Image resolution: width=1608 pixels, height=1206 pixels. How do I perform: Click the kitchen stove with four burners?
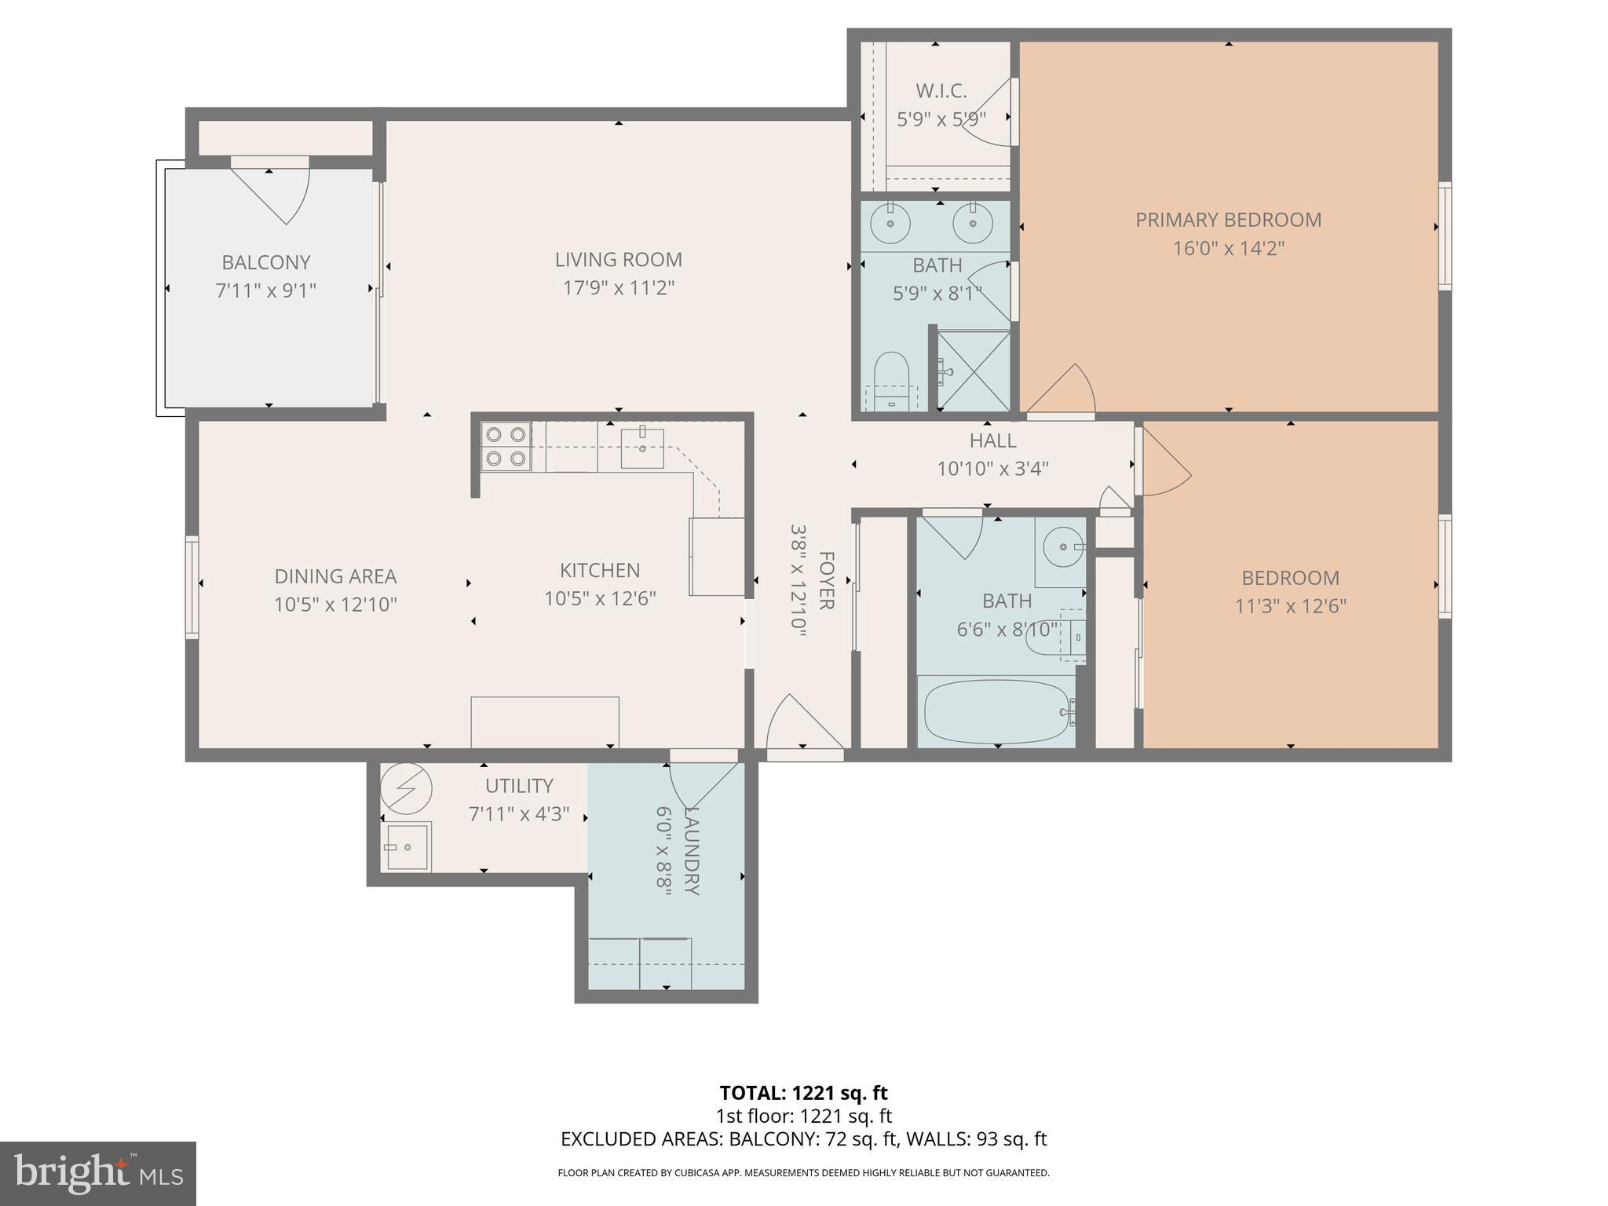tap(506, 446)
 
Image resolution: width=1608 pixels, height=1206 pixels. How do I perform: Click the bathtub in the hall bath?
tap(996, 711)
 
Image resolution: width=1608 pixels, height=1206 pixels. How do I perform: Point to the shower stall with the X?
tap(974, 371)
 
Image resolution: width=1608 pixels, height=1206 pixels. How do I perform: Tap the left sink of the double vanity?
tap(890, 222)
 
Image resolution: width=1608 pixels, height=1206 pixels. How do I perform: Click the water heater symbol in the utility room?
tap(406, 788)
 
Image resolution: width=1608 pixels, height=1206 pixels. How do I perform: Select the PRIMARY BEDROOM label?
tap(1228, 220)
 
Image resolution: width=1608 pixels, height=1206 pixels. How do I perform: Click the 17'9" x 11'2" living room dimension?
tap(619, 288)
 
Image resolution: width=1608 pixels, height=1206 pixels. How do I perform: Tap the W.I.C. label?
tap(941, 91)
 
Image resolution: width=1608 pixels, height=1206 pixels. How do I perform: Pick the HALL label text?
tap(992, 440)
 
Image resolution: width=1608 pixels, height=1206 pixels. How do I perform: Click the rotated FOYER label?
tap(826, 580)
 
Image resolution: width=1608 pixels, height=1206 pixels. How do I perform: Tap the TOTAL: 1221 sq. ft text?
tap(803, 1093)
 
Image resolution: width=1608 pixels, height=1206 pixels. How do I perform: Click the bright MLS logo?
tap(97, 1173)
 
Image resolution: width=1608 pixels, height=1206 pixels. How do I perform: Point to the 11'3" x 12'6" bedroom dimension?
tap(1290, 606)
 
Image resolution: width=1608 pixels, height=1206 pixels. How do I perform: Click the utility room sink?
tap(407, 846)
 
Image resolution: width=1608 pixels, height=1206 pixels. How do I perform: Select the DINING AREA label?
tap(335, 576)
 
